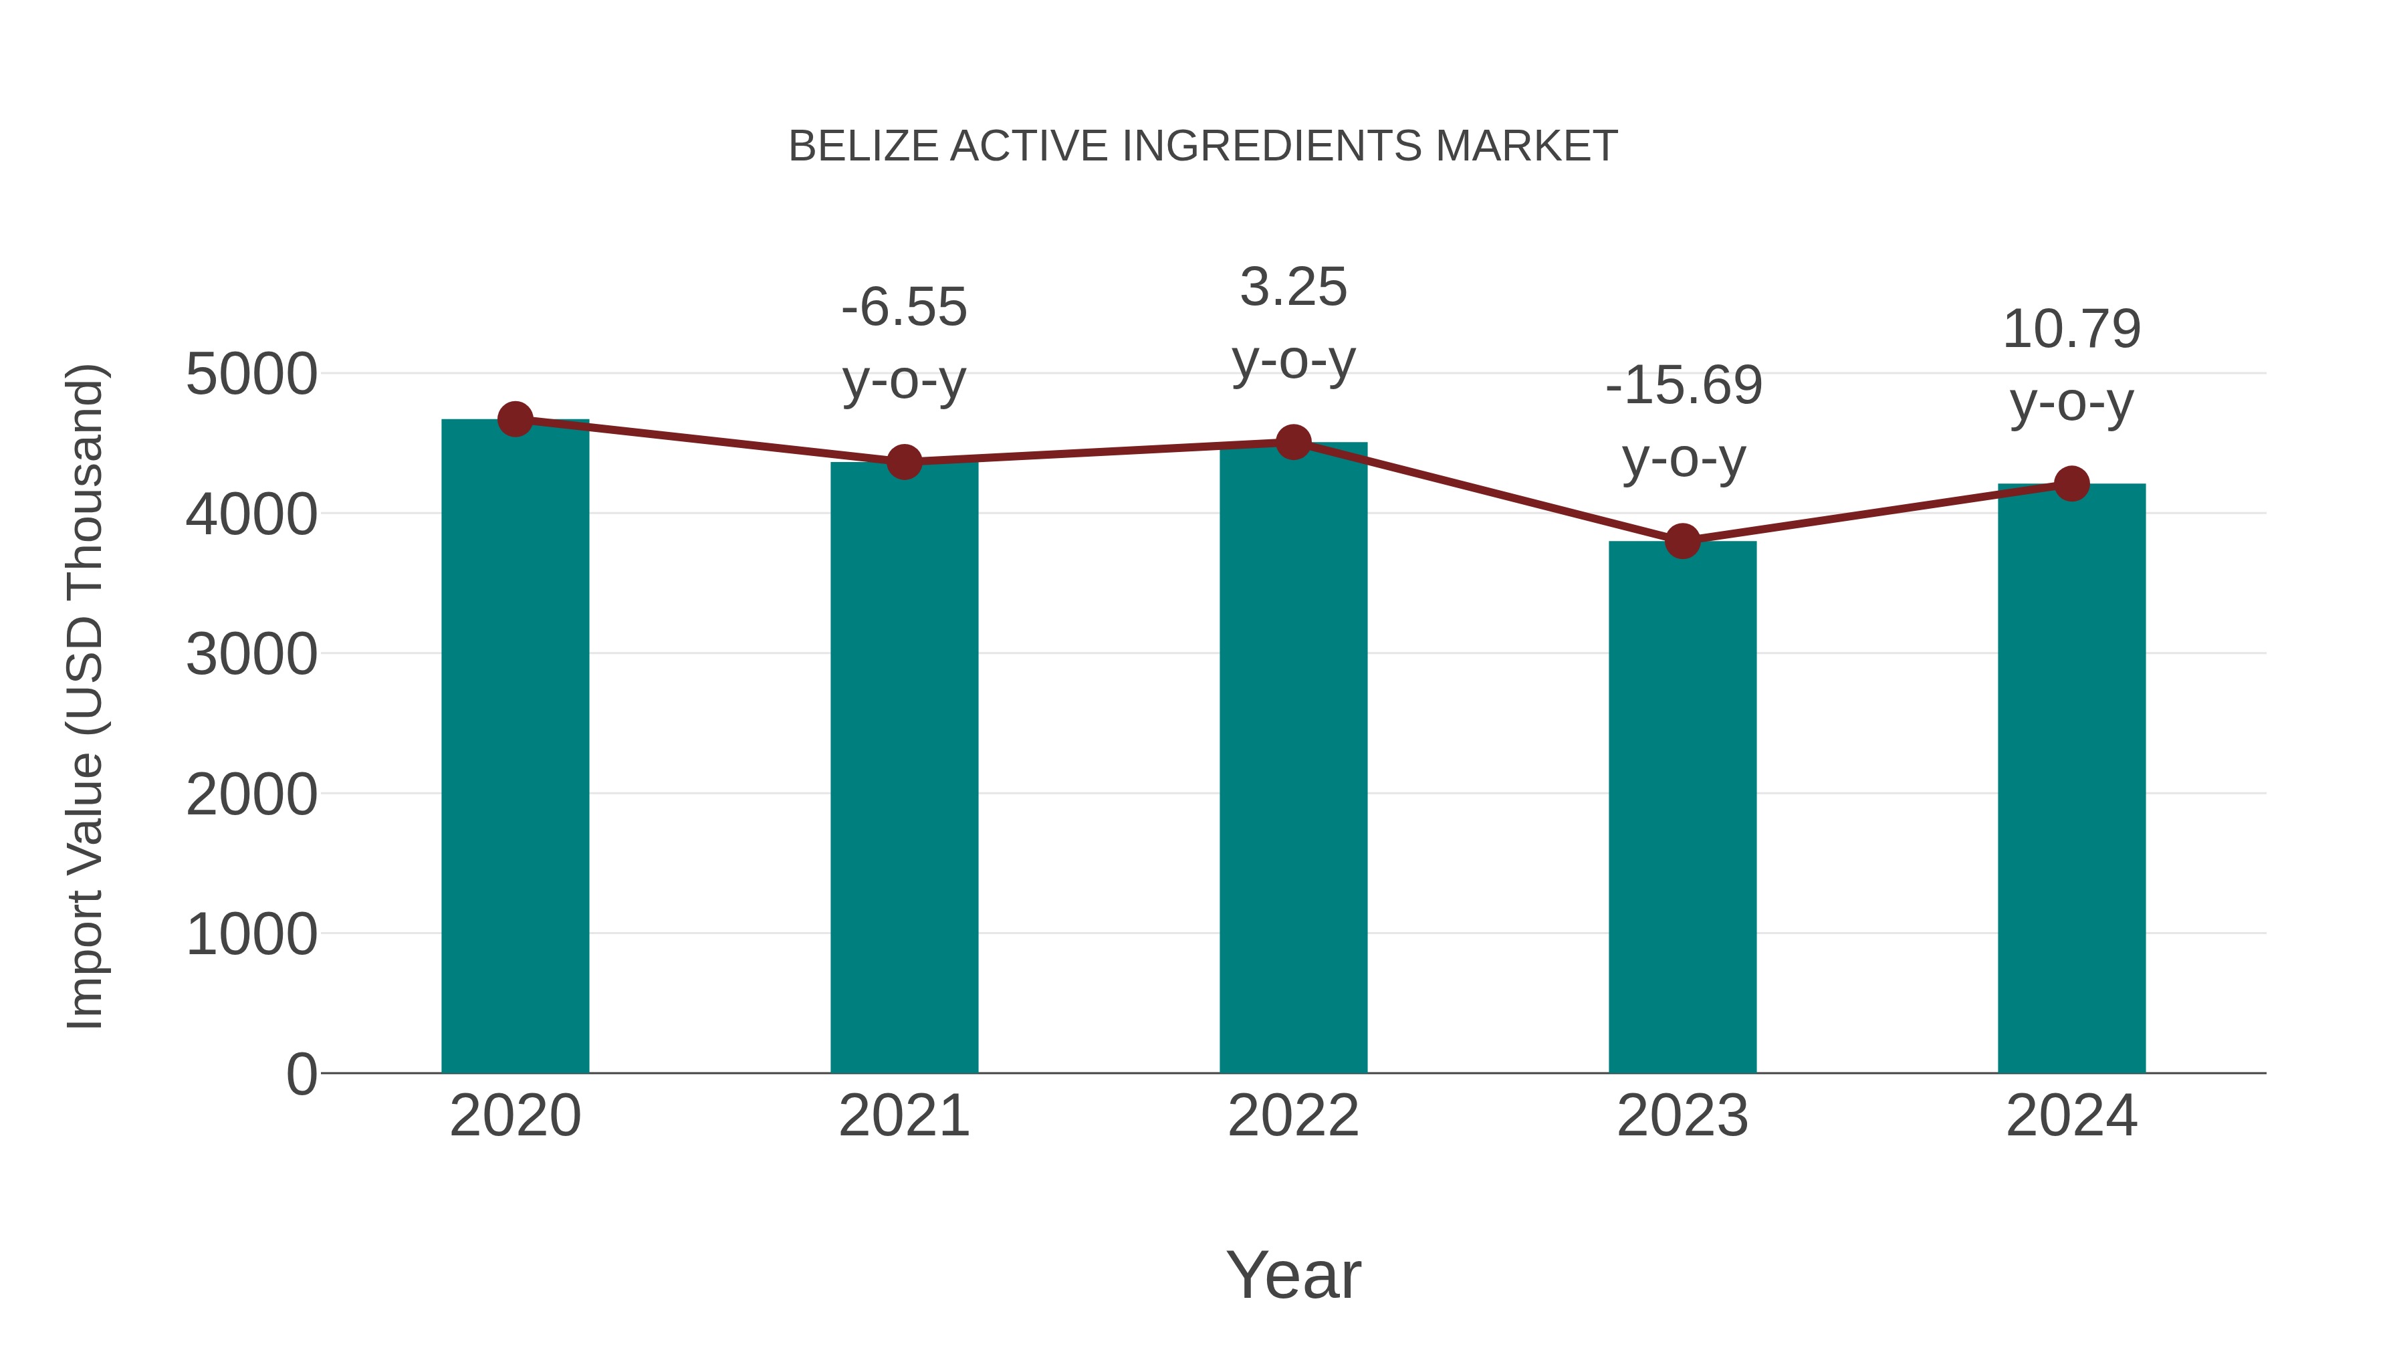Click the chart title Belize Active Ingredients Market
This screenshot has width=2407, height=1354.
point(1203,146)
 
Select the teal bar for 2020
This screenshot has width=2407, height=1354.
point(515,748)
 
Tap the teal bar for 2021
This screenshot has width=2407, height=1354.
point(903,766)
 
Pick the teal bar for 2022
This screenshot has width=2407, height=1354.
point(1293,757)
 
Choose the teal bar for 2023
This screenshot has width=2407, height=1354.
point(1682,804)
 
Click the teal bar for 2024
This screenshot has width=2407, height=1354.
point(2071,776)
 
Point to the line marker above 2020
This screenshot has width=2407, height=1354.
point(515,419)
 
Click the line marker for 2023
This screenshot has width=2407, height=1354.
point(1682,541)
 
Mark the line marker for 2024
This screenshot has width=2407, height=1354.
point(2071,484)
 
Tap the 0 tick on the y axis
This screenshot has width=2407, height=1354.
point(302,1074)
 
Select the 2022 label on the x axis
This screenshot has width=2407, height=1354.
point(1293,1116)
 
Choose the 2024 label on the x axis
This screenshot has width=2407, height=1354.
point(2071,1116)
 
